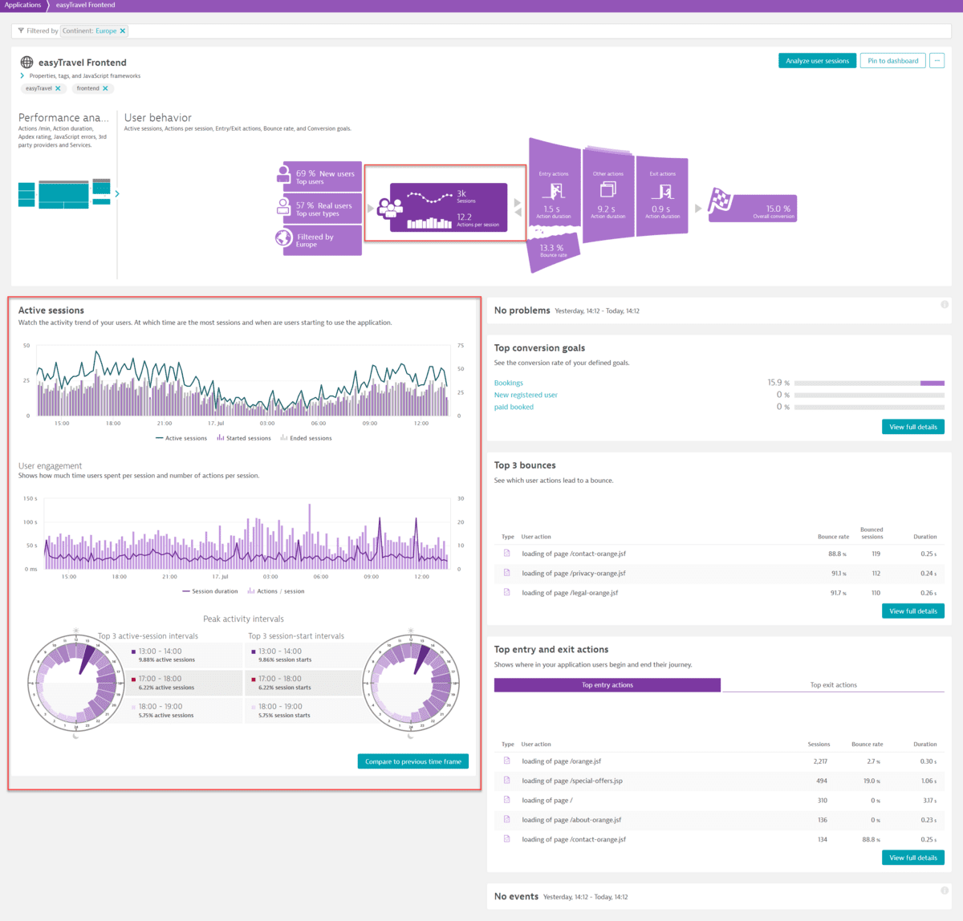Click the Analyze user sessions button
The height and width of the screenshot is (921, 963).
[817, 61]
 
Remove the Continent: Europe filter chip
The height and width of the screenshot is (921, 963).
[123, 31]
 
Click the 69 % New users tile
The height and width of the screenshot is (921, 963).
[323, 177]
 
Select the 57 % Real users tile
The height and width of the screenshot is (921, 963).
[323, 209]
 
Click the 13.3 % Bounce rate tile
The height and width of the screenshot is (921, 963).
[552, 250]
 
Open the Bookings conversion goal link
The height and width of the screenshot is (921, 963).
[509, 383]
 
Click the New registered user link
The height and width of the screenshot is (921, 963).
[526, 395]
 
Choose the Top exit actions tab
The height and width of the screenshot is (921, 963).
[833, 685]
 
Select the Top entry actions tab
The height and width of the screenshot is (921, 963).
[607, 685]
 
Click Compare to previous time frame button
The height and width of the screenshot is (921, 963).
[412, 761]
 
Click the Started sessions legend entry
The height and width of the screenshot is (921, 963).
[244, 438]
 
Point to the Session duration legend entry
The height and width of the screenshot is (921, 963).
[210, 591]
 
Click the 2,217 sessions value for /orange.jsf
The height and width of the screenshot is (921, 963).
[820, 761]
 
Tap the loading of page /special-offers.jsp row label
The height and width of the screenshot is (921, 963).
[572, 781]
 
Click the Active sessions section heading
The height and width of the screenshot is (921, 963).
[51, 310]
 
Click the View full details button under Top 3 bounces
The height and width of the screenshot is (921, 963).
[912, 611]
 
